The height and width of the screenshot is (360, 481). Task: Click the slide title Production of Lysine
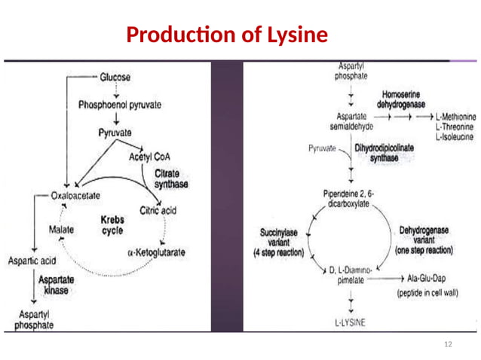pyautogui.click(x=227, y=35)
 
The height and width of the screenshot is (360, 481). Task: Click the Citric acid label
pyautogui.click(x=158, y=211)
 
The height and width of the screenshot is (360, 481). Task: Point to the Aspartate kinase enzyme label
pyautogui.click(x=60, y=285)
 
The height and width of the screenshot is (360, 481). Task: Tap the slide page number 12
pyautogui.click(x=449, y=344)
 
